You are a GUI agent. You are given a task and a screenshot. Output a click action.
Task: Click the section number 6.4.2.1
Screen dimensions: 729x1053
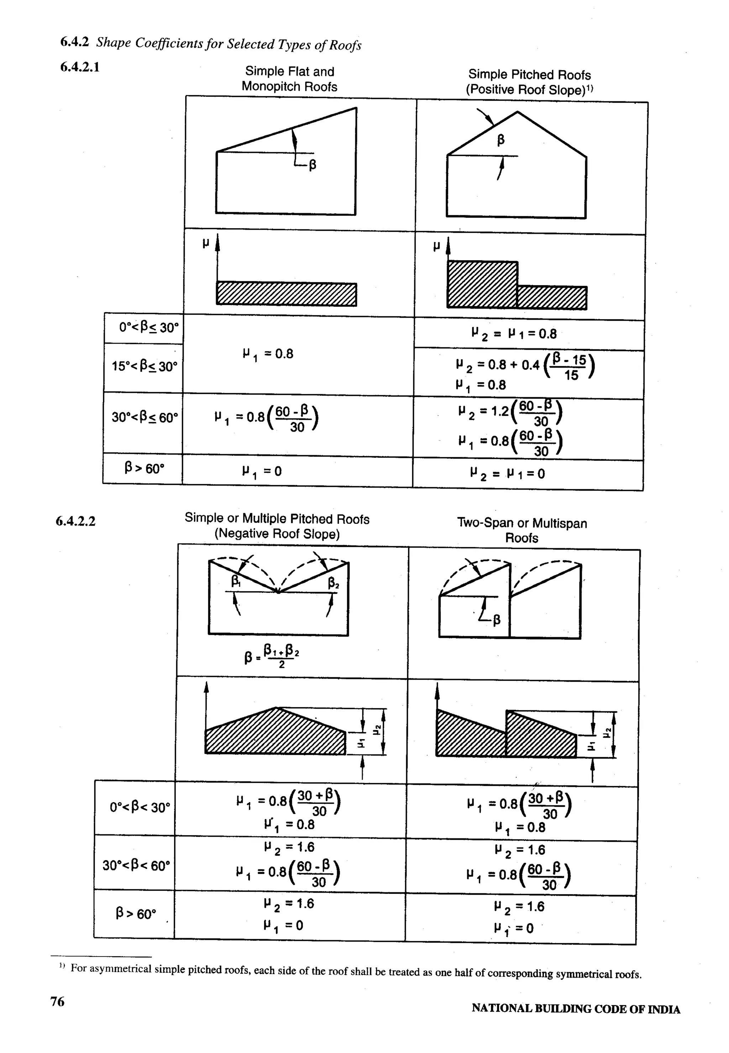click(80, 68)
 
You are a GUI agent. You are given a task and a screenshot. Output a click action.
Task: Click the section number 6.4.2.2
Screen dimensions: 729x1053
click(76, 521)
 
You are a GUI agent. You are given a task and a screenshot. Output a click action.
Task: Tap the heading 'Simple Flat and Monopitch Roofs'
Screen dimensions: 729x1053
click(290, 79)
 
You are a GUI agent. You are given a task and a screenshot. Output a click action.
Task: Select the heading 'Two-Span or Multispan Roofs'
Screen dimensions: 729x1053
click(522, 530)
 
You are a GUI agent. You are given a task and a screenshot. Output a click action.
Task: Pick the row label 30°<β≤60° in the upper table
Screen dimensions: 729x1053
click(144, 417)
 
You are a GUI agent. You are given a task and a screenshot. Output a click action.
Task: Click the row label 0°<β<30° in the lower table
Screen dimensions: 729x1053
click(140, 807)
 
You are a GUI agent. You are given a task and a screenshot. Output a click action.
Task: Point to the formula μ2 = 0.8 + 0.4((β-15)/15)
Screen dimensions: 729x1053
click(525, 365)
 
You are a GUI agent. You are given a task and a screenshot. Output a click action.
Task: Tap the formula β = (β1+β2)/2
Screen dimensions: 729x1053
click(272, 656)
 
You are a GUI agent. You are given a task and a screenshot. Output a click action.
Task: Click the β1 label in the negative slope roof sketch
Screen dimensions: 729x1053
click(236, 581)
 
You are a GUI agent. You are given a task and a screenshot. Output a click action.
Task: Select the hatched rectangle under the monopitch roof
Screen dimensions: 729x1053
click(287, 295)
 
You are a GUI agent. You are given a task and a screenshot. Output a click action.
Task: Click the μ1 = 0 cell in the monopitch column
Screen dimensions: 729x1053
click(262, 471)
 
